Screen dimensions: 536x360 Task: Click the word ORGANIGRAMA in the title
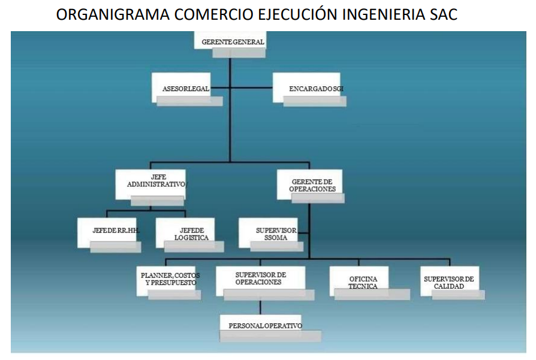113,15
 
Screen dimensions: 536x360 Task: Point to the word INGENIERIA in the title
383,15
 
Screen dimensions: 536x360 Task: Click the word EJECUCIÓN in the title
298,14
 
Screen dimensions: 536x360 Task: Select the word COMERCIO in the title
214,15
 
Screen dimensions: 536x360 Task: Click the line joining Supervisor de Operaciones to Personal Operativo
260,307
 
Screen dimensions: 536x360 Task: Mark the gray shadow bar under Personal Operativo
270,336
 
